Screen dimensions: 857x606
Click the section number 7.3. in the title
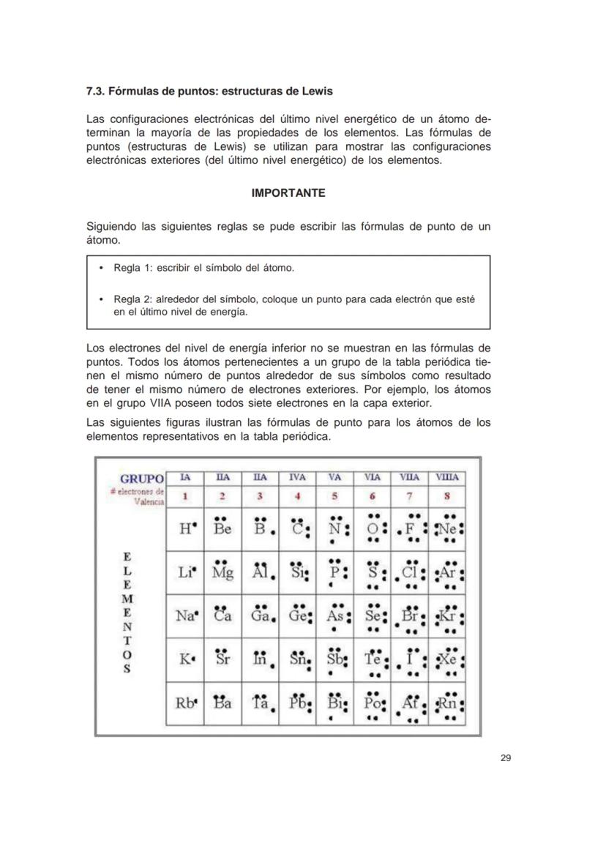[97, 91]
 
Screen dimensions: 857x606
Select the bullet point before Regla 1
[100, 269]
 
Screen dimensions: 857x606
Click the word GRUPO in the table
[142, 479]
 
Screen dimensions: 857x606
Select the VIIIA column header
[446, 477]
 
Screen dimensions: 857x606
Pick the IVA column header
[297, 477]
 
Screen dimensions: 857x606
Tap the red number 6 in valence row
[372, 496]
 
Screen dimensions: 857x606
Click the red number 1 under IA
[185, 496]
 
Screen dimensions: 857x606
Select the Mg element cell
[222, 572]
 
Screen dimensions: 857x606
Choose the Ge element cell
[297, 616]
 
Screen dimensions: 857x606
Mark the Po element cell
[372, 703]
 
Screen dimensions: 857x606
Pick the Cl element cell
[409, 572]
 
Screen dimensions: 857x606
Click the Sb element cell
[334, 659]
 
